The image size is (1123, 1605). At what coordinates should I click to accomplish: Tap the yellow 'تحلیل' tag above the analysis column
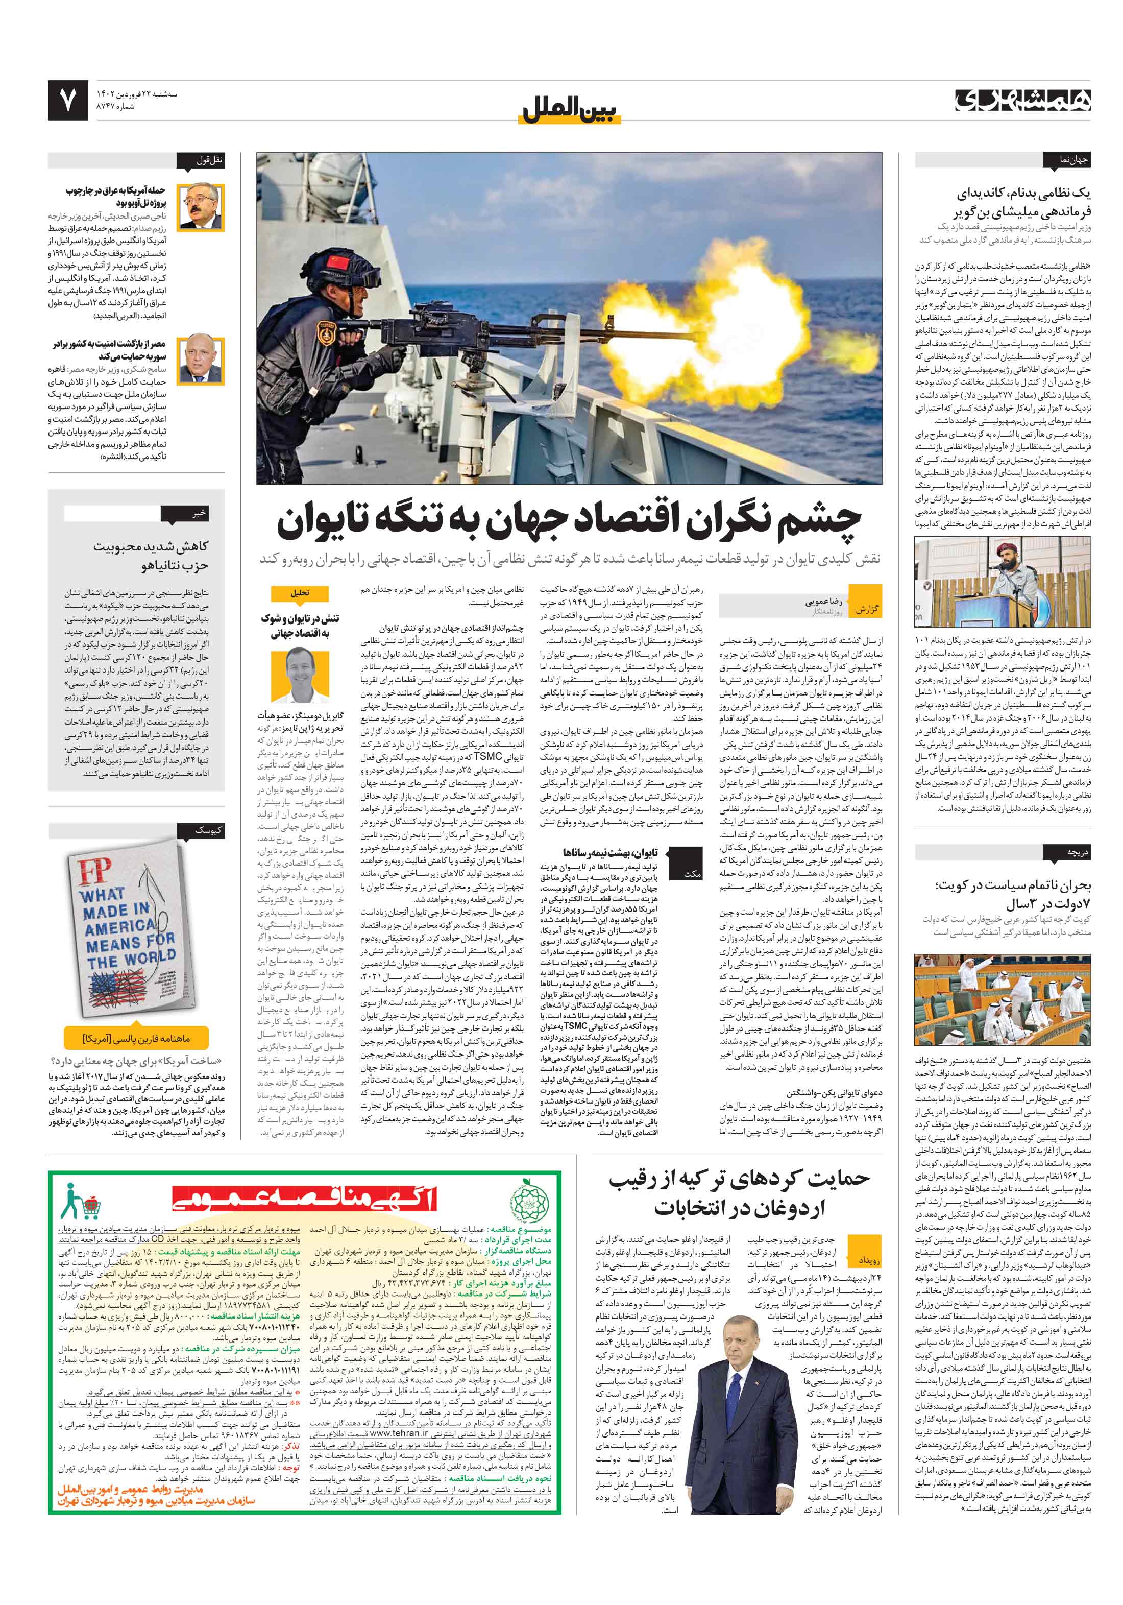click(300, 593)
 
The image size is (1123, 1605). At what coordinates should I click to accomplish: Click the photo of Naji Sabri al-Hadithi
click(201, 207)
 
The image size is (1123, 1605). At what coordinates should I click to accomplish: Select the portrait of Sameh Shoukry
click(201, 360)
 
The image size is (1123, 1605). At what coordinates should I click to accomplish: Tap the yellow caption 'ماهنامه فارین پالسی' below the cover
click(136, 1037)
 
